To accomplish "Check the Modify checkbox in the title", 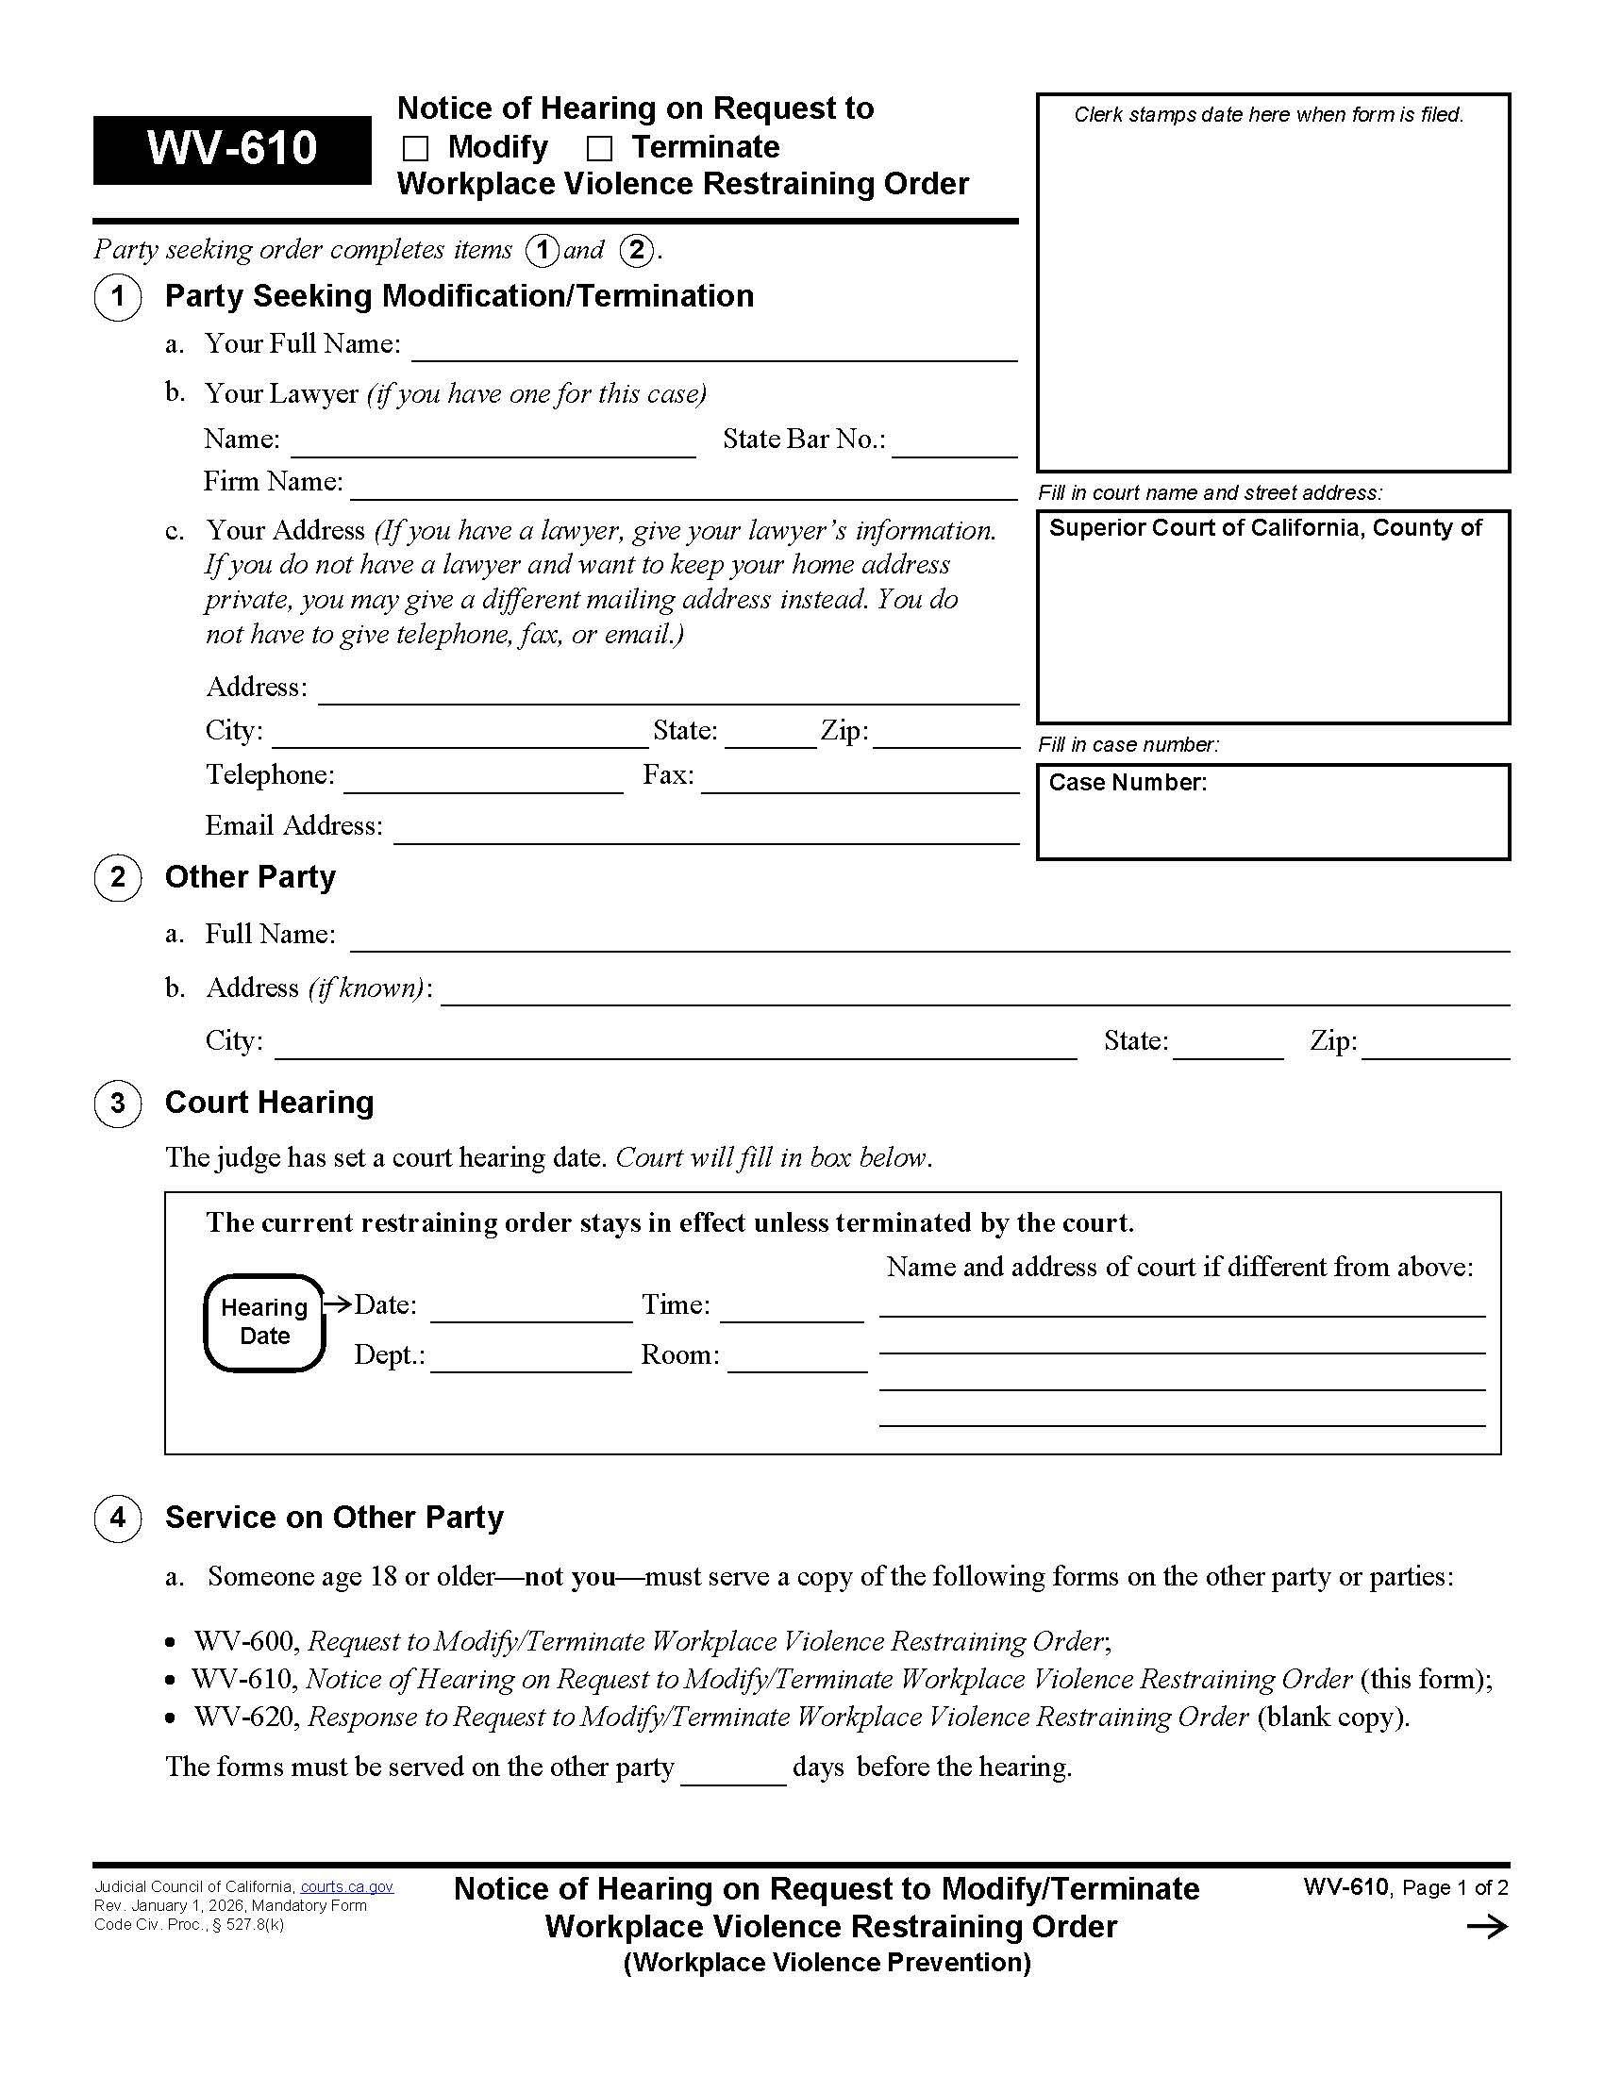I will pyautogui.click(x=415, y=149).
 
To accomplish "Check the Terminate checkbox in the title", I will pyautogui.click(x=598, y=149).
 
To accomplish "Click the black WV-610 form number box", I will pyautogui.click(x=232, y=149).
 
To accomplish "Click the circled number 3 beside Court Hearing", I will pyautogui.click(x=118, y=1104).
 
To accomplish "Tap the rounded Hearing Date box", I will pyautogui.click(x=264, y=1322).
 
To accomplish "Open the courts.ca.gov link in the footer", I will pyautogui.click(x=347, y=1887).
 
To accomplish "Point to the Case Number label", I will pyautogui.click(x=1127, y=783).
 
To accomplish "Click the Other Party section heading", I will pyautogui.click(x=250, y=877).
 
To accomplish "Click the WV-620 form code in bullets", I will pyautogui.click(x=247, y=1717).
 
